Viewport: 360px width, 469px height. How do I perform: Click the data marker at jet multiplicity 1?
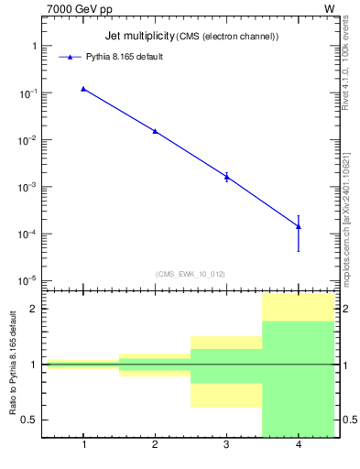click(x=83, y=89)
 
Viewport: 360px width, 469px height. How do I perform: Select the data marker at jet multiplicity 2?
click(x=155, y=131)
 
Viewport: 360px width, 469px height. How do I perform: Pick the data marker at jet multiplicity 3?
click(x=226, y=176)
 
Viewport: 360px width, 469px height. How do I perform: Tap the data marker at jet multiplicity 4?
click(x=299, y=226)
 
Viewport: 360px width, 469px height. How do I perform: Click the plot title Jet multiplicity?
click(x=138, y=36)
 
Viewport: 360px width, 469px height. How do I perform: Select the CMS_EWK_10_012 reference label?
click(x=190, y=274)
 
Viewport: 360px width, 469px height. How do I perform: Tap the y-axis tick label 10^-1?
click(x=27, y=93)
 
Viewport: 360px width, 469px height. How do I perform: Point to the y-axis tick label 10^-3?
click(x=27, y=187)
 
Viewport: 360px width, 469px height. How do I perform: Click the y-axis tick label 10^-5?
click(x=27, y=280)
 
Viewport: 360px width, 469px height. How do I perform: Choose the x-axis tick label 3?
click(x=226, y=445)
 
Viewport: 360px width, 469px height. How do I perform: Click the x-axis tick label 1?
click(x=83, y=445)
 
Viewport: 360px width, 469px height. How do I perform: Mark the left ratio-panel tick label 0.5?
click(x=29, y=420)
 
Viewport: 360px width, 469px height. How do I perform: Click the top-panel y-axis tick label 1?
click(x=34, y=46)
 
